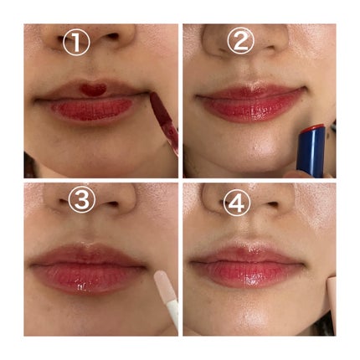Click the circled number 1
(76, 42)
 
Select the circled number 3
(82, 200)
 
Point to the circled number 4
(237, 203)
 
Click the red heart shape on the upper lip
(93, 90)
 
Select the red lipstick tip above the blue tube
(313, 128)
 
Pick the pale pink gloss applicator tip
(164, 285)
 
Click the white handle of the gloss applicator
(173, 314)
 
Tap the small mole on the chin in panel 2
(255, 147)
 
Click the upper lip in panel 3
(89, 255)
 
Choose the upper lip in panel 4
(245, 254)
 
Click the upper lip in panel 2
(249, 90)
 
